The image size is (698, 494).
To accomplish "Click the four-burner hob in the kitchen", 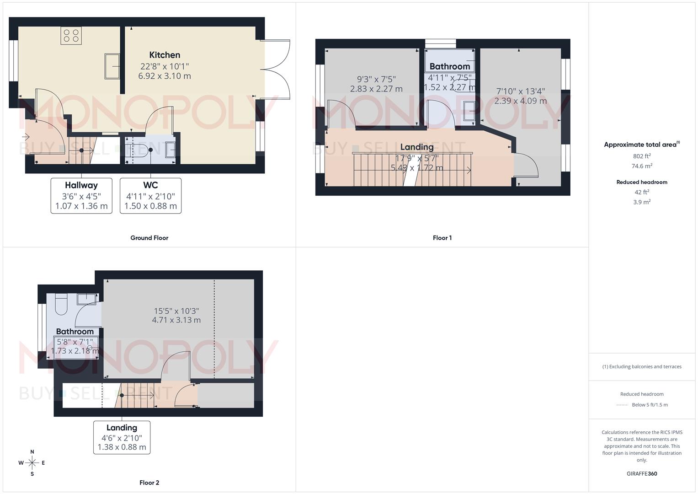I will [71, 36].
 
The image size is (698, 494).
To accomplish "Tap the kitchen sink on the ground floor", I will [112, 66].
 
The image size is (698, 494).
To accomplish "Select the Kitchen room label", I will [165, 55].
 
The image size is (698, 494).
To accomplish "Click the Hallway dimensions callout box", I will [81, 196].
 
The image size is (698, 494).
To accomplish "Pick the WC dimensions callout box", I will [150, 196].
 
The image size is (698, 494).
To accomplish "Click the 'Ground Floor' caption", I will [149, 238].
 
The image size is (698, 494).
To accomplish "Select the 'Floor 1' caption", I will [442, 238].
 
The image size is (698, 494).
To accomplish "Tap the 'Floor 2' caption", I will [149, 483].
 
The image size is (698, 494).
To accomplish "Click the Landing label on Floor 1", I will [416, 147].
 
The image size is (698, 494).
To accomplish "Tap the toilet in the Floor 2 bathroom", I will [61, 304].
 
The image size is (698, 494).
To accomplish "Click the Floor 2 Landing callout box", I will [122, 437].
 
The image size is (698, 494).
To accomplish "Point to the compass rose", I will [32, 463].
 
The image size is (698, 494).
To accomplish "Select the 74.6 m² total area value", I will [642, 166].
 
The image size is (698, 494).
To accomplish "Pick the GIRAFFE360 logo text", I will [641, 474].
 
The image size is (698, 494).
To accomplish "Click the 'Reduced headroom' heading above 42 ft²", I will [641, 182].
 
